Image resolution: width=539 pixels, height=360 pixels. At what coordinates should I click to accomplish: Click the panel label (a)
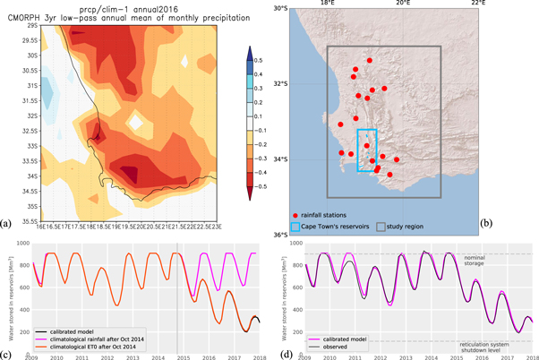(7, 223)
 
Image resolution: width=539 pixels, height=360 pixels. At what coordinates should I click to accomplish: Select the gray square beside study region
(381, 227)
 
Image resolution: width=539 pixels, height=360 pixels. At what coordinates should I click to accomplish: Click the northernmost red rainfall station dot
(369, 60)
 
